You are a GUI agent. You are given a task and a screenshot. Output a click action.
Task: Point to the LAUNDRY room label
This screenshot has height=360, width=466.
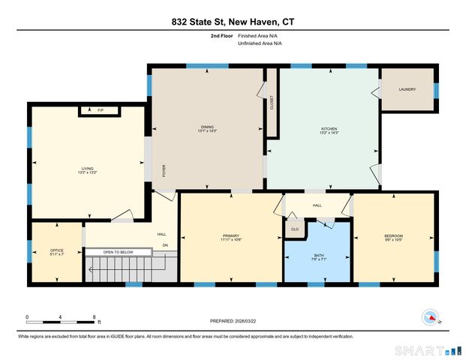tap(407, 90)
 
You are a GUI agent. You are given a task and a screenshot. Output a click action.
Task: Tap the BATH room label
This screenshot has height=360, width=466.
tap(318, 256)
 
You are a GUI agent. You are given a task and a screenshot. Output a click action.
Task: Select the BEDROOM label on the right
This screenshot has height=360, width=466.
tap(393, 237)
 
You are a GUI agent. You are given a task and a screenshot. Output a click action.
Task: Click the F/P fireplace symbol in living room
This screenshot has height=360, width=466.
tap(101, 111)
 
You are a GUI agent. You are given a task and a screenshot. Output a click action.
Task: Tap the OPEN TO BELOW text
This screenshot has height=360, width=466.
tap(119, 252)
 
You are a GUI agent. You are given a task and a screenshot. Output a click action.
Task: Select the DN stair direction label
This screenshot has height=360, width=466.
tap(165, 244)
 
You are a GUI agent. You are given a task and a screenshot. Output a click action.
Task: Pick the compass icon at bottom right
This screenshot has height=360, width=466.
tap(430, 316)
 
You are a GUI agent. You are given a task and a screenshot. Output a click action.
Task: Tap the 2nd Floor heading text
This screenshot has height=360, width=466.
tap(219, 35)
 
